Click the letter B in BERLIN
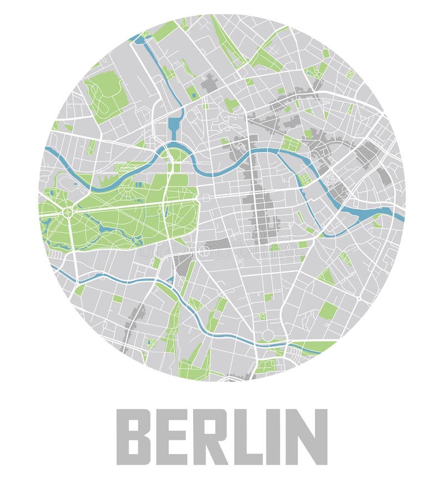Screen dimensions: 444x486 pos(133,437)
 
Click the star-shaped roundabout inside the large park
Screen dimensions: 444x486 pos(67,212)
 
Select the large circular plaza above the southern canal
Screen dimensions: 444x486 pos(268,335)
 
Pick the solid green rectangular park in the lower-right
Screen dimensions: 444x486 pos(328,310)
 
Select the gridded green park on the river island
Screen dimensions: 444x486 pos(304,179)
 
